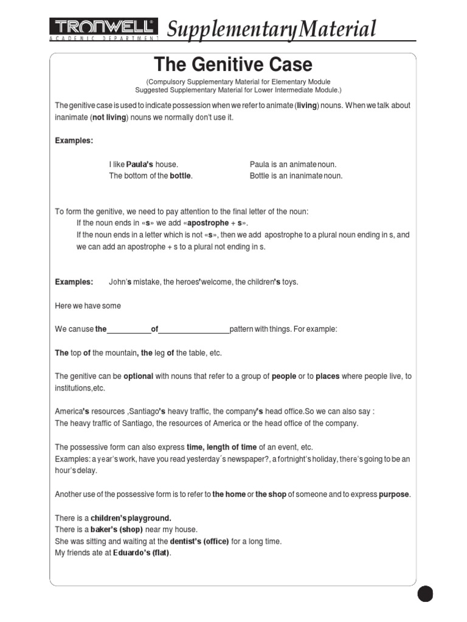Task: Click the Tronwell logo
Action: (x=104, y=29)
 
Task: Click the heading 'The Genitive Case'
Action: (x=233, y=64)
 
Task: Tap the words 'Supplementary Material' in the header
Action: (x=271, y=29)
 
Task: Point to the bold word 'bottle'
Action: (x=181, y=176)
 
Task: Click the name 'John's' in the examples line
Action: (x=120, y=282)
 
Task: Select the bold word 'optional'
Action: (x=138, y=376)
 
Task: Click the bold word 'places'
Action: (x=327, y=376)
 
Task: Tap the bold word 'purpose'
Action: (x=394, y=494)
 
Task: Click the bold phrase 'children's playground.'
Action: (x=131, y=518)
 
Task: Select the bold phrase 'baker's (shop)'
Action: (x=117, y=530)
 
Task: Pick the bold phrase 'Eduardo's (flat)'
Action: (x=142, y=553)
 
